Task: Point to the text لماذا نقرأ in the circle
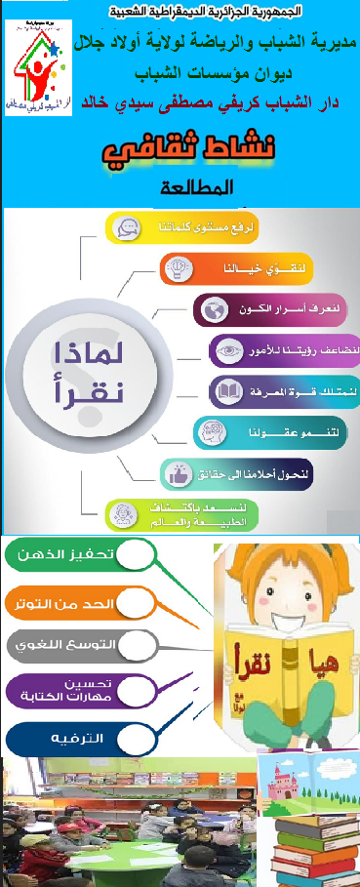coord(87,375)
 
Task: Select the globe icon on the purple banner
coord(211,310)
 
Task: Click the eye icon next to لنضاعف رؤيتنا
coord(228,351)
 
